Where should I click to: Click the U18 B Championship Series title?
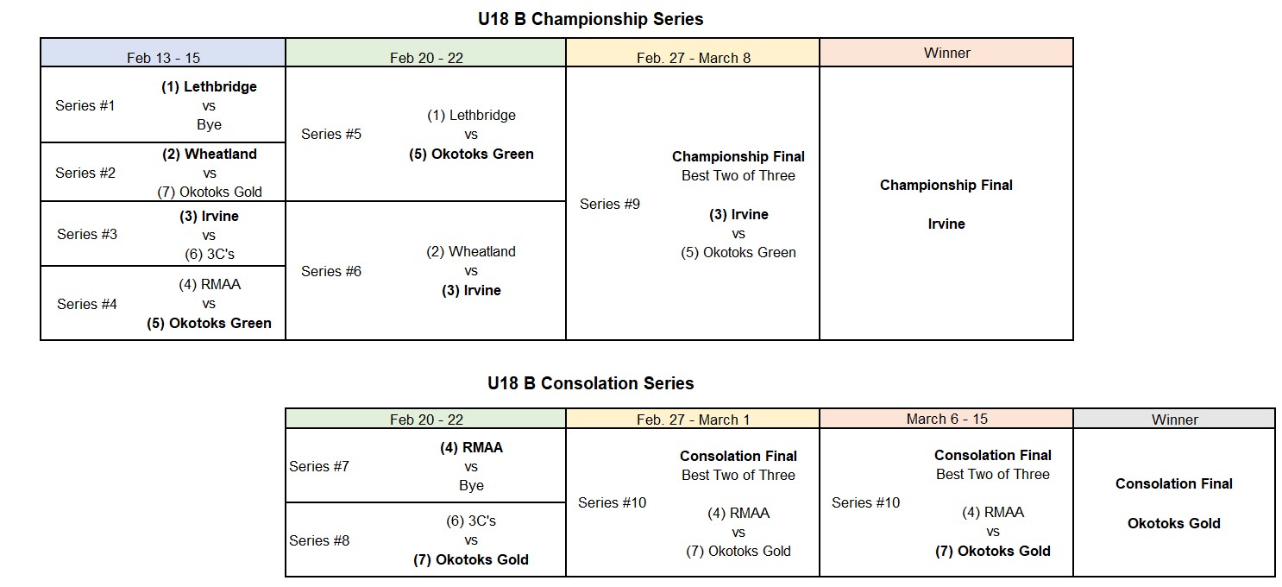pos(591,19)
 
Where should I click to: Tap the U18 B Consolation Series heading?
pos(591,383)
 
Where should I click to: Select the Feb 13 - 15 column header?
pos(163,58)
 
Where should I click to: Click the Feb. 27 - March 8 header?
pos(693,58)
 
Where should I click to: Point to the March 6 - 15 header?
pos(946,419)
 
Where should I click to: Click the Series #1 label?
pos(85,105)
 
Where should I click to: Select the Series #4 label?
pos(86,304)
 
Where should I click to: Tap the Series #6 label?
pos(330,271)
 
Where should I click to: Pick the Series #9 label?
pos(610,204)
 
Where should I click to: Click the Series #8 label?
pos(319,540)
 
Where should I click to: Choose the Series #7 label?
pos(319,466)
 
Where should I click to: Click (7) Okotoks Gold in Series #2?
pos(210,192)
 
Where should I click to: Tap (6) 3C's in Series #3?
pos(210,255)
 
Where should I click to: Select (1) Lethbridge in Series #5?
pos(471,115)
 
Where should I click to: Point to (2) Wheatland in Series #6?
pos(471,251)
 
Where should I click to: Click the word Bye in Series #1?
pos(209,125)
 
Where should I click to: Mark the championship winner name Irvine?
pos(946,224)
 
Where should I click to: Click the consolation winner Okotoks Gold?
pos(1174,523)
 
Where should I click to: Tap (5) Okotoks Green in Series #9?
pos(738,253)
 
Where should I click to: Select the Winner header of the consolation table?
pos(1174,420)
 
